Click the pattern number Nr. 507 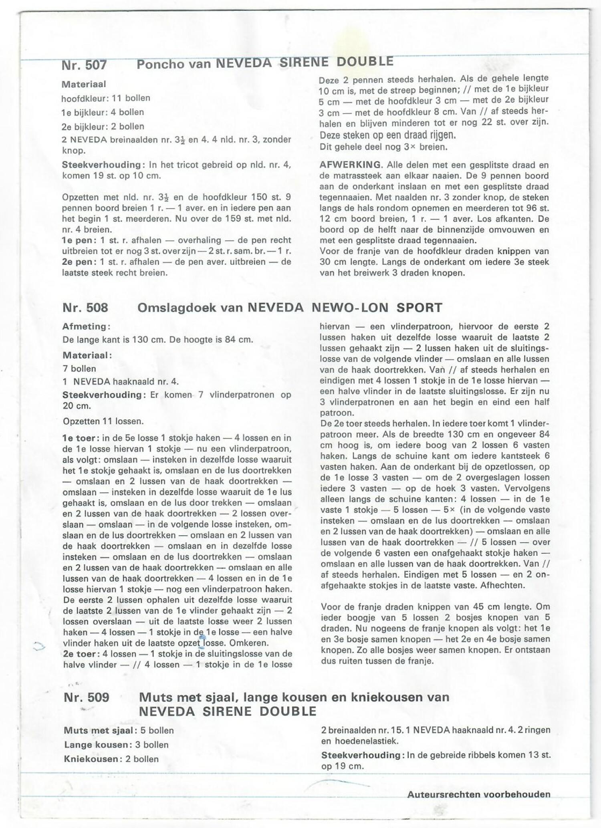click(x=84, y=65)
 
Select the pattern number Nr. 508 click(x=85, y=308)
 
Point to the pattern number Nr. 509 click(x=86, y=697)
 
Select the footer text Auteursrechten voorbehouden click(x=479, y=794)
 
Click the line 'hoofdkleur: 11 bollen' click(x=106, y=98)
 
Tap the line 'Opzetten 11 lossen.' click(x=103, y=421)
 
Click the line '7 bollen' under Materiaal click(x=79, y=369)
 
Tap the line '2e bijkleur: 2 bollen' click(x=103, y=127)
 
